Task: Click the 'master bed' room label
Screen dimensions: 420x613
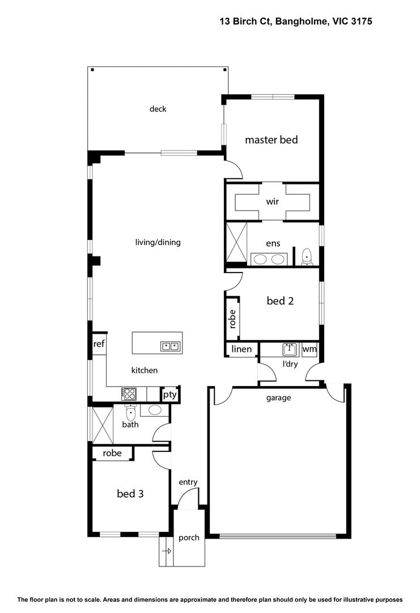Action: click(271, 140)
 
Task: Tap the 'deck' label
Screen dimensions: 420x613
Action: click(158, 108)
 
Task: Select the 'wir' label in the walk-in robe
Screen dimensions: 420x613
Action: click(273, 201)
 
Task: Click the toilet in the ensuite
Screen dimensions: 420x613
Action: click(307, 257)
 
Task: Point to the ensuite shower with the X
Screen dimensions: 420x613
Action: click(236, 242)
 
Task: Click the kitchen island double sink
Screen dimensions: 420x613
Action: click(170, 346)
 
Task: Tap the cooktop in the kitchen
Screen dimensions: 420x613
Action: click(129, 393)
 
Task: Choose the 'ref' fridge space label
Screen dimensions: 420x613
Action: click(99, 343)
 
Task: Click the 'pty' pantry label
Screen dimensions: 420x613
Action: click(170, 394)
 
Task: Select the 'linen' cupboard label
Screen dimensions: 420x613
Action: click(241, 349)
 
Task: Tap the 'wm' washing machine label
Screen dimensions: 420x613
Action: click(309, 349)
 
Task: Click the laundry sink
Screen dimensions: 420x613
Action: click(289, 350)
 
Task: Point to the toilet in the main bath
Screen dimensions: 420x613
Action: click(130, 412)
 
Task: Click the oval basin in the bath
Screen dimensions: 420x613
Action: click(155, 410)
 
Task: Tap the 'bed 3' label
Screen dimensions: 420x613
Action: click(130, 493)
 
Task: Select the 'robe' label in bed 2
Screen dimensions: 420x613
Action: click(232, 319)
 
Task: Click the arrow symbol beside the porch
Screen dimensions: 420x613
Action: click(167, 551)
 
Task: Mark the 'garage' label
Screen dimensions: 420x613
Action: click(278, 398)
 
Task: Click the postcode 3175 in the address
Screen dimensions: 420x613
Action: click(361, 21)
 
